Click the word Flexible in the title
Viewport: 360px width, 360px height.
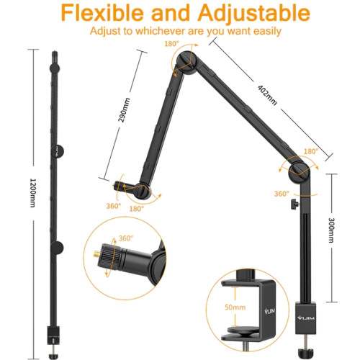point(102,13)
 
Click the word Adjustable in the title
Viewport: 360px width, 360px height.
point(254,14)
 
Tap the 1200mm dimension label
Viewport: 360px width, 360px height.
point(32,193)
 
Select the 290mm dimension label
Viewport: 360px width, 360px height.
point(125,110)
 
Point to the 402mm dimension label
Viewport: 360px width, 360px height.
point(267,95)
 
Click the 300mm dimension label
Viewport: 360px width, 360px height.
point(331,230)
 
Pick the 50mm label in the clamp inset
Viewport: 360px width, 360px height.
point(235,307)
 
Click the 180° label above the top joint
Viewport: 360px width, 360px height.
point(171,44)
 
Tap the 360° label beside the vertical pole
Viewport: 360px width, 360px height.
point(282,194)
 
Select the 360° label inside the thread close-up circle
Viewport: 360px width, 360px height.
point(126,238)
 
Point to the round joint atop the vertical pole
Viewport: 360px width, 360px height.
point(300,172)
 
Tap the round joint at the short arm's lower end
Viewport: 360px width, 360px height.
point(143,191)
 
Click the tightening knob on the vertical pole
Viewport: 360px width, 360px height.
point(295,204)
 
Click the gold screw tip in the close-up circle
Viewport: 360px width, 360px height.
point(96,253)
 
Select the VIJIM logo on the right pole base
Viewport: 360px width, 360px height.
point(305,318)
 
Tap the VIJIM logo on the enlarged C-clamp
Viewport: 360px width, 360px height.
point(269,311)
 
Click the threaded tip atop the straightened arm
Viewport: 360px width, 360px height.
point(55,57)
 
